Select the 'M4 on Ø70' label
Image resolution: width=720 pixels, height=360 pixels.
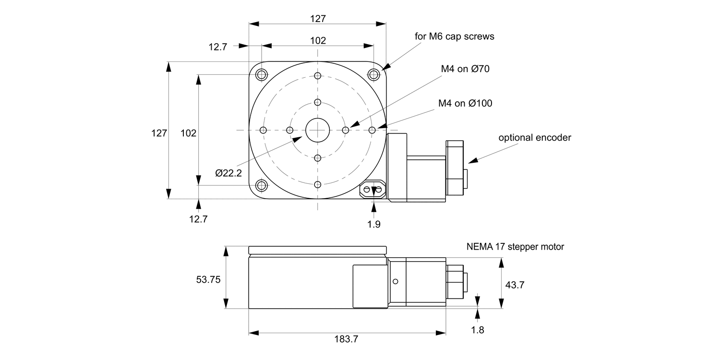click(465, 69)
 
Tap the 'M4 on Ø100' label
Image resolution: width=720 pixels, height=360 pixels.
click(465, 103)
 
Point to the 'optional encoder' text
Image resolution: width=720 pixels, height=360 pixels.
click(535, 138)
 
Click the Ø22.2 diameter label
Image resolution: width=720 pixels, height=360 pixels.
click(228, 173)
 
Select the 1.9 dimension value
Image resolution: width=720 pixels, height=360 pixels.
click(374, 223)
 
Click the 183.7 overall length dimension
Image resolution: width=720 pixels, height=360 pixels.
click(346, 339)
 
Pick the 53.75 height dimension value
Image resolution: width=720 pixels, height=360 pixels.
click(208, 279)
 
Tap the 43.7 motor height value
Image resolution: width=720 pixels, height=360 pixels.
click(515, 285)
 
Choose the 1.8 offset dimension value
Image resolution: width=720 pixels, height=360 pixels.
click(478, 330)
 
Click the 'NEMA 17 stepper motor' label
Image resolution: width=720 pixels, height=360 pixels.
click(515, 247)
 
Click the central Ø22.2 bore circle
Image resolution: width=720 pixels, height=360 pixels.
click(317, 130)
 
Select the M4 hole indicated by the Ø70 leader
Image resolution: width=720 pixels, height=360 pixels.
click(345, 130)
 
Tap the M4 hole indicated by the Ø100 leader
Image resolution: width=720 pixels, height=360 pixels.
click(372, 130)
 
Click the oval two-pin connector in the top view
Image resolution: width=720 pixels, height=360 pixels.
click(372, 191)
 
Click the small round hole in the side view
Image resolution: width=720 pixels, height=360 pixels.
click(396, 281)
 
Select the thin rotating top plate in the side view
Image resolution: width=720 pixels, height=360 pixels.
click(317, 250)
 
